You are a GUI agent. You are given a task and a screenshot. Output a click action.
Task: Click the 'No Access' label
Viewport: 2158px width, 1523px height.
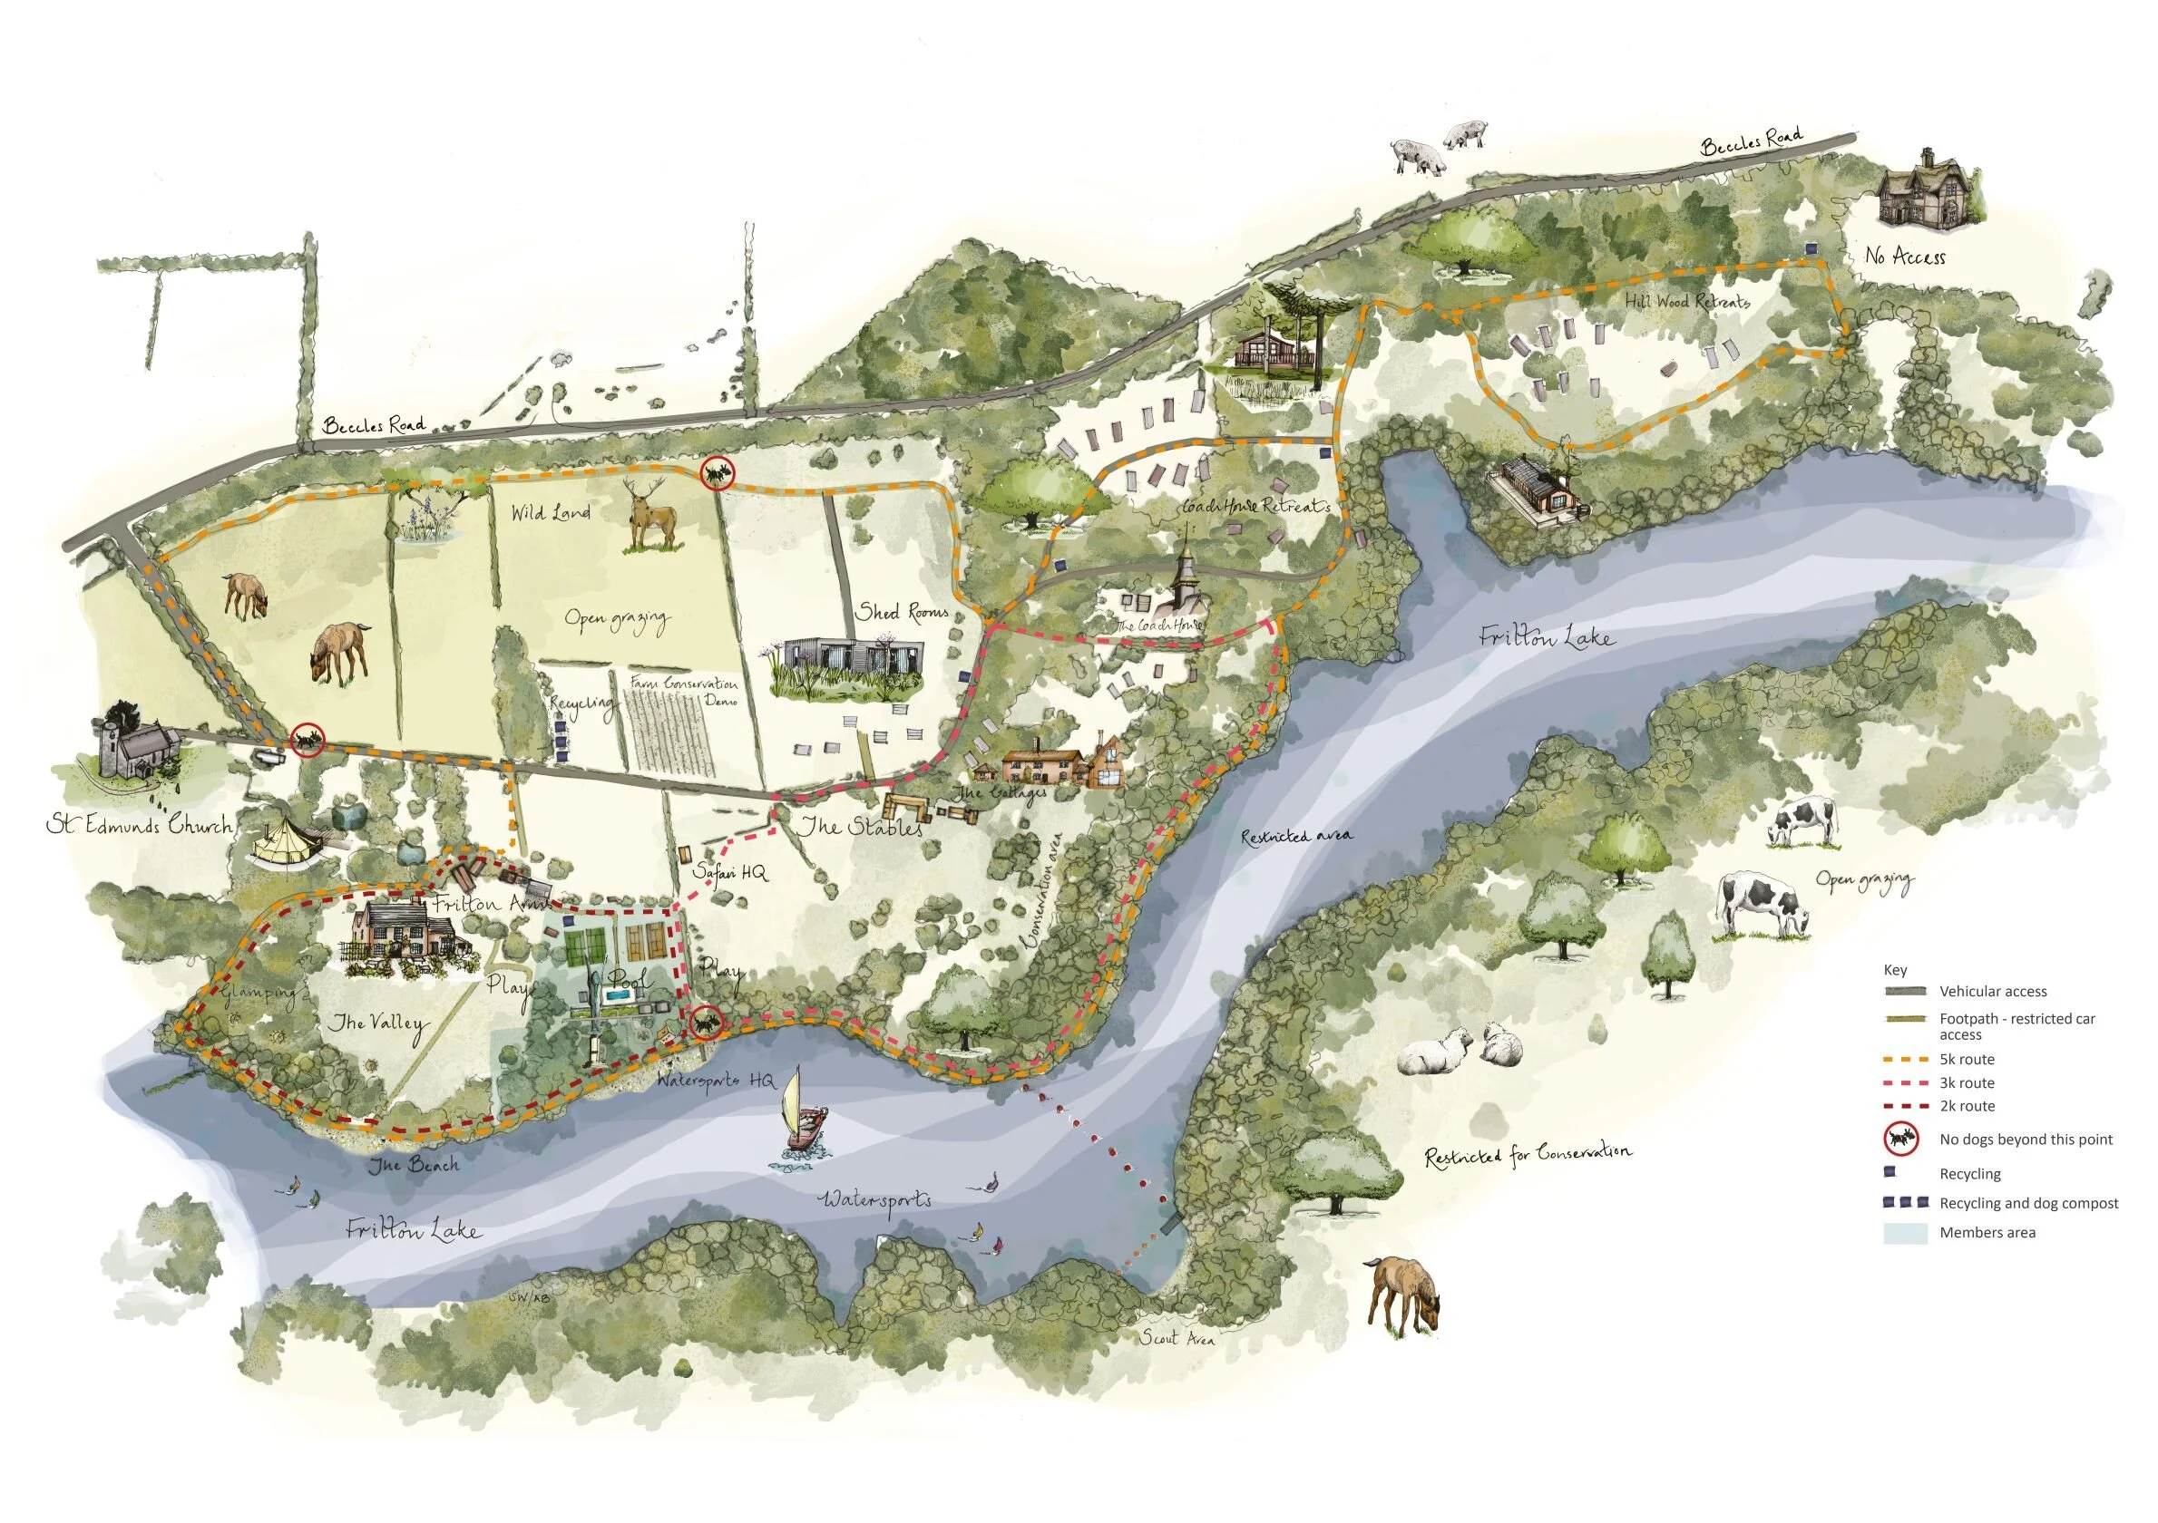pos(1904,256)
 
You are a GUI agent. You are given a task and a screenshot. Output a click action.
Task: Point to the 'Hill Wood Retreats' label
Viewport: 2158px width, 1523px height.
pos(1687,302)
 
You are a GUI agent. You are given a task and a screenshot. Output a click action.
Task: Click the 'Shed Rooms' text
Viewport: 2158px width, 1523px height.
pos(902,613)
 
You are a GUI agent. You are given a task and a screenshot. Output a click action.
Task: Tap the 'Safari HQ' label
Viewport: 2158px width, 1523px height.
pos(729,873)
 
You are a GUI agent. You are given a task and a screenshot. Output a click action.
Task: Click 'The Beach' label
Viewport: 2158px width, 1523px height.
pos(414,1165)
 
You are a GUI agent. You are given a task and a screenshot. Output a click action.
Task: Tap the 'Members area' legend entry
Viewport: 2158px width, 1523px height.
pos(1987,1233)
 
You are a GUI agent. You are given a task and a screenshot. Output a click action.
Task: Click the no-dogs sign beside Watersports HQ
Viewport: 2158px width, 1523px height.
pos(705,1022)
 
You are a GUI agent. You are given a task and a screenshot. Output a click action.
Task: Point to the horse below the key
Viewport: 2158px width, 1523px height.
pos(1402,1295)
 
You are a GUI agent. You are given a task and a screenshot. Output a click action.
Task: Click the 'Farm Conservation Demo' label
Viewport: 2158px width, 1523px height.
pos(683,691)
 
